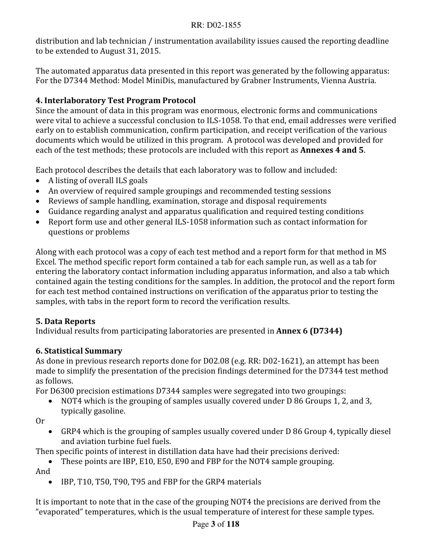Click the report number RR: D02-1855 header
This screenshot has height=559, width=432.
click(216, 25)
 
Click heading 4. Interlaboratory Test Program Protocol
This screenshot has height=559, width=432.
click(116, 100)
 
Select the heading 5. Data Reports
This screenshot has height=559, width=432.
click(65, 321)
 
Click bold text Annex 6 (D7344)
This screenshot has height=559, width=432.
click(309, 331)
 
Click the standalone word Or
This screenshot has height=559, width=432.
click(40, 421)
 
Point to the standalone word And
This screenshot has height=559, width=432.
click(43, 472)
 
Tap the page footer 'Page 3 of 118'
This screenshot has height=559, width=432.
click(216, 524)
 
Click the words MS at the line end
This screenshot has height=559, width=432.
click(381, 252)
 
